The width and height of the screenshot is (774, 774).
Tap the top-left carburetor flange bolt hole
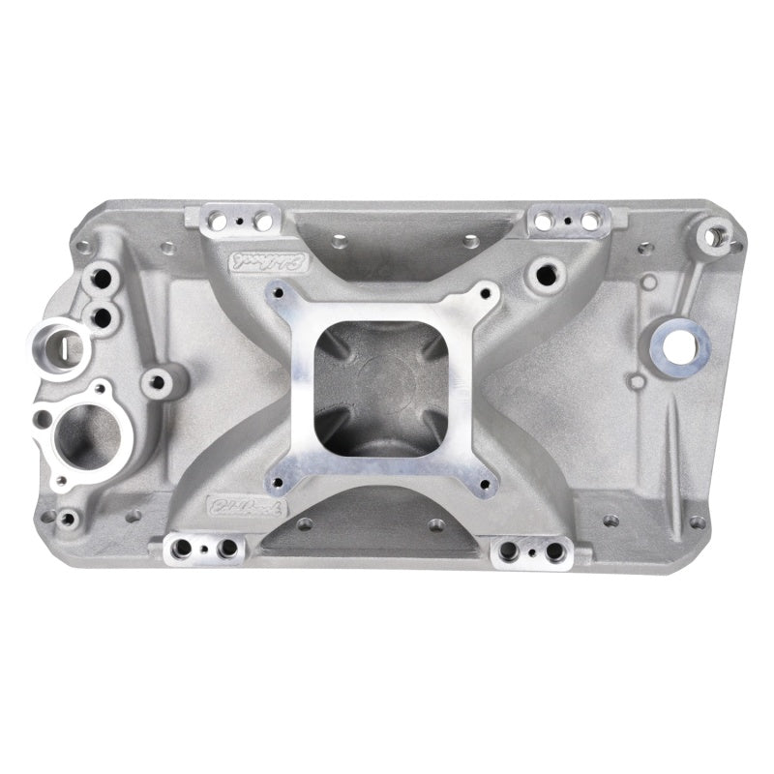pos(280,289)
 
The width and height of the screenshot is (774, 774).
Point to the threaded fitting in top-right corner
pos(716,232)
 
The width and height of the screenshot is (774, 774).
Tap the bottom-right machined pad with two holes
pos(531,551)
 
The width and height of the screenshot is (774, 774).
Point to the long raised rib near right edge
pos(677,440)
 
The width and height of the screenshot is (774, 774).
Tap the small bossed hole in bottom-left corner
pos(67,520)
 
